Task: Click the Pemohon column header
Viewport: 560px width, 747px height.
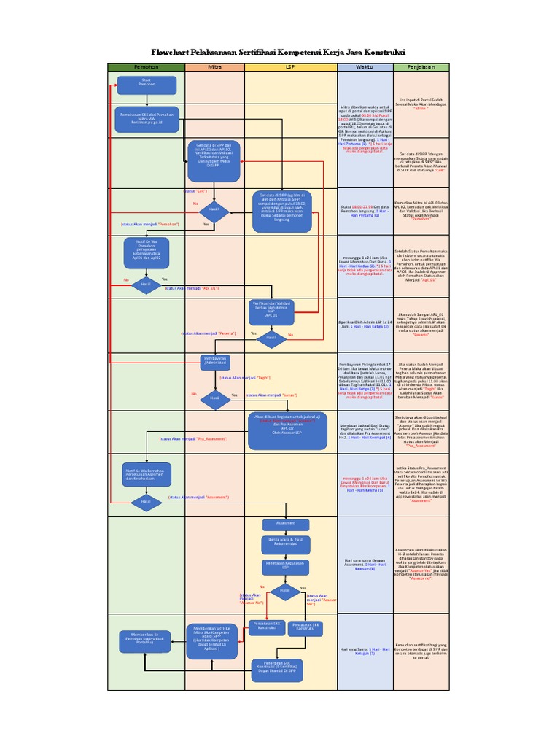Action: (x=146, y=67)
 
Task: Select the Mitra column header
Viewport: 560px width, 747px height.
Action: (x=214, y=67)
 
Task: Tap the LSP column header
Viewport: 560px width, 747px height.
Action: (x=289, y=67)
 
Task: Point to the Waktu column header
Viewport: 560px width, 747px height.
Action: (x=364, y=67)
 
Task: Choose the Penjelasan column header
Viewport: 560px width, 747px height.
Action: (x=421, y=67)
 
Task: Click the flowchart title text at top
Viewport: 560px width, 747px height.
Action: (x=279, y=52)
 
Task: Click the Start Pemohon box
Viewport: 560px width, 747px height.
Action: (x=146, y=85)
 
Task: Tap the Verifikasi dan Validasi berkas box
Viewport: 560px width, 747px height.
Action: (x=271, y=309)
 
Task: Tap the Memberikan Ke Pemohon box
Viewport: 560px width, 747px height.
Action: (x=146, y=640)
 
